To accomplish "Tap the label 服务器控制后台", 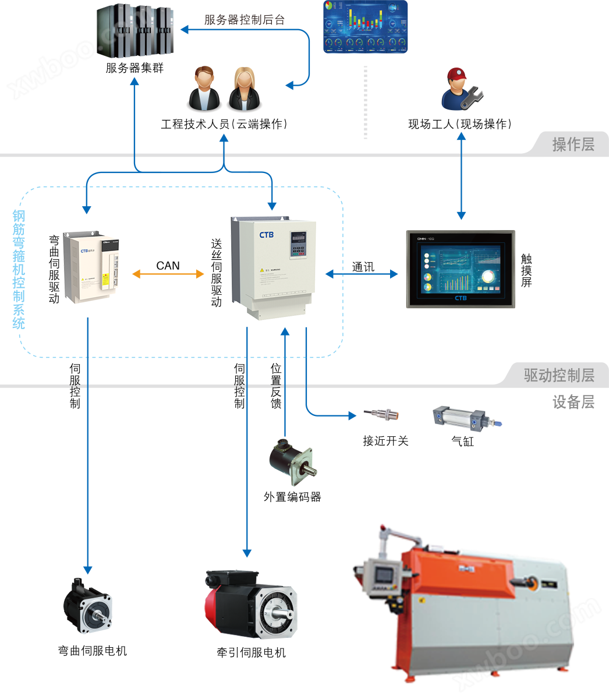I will pyautogui.click(x=245, y=20).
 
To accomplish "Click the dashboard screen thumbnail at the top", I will pyautogui.click(x=365, y=27).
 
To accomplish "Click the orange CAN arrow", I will pyautogui.click(x=168, y=274).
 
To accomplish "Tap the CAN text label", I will pyautogui.click(x=168, y=266).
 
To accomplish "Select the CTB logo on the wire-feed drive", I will pyautogui.click(x=266, y=235).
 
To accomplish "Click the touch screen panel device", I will pyautogui.click(x=460, y=269).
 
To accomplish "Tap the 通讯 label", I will pyautogui.click(x=363, y=267).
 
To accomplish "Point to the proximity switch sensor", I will pyautogui.click(x=382, y=415).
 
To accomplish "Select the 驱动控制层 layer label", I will pyautogui.click(x=558, y=375).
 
